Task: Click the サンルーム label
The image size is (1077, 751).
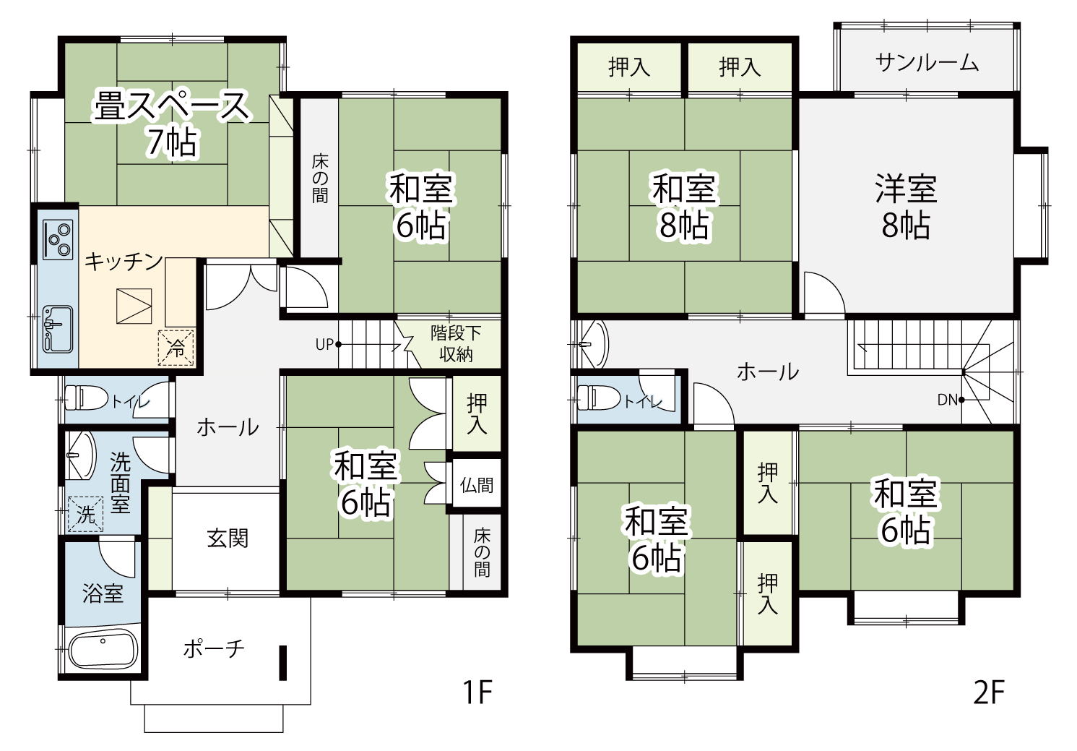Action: pyautogui.click(x=927, y=63)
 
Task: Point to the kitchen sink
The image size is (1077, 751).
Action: pyautogui.click(x=58, y=329)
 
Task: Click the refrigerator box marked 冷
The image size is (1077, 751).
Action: pyautogui.click(x=176, y=348)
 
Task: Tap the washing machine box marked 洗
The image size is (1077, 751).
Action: pyautogui.click(x=85, y=514)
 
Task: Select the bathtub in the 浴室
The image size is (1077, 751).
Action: pyautogui.click(x=103, y=650)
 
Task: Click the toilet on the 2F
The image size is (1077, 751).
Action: pyautogui.click(x=598, y=398)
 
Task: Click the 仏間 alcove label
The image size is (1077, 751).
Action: pyautogui.click(x=477, y=485)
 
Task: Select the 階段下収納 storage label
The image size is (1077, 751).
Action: pyautogui.click(x=455, y=343)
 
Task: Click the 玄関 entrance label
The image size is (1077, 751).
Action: pyautogui.click(x=228, y=538)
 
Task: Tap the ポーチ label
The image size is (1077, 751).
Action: pyautogui.click(x=214, y=649)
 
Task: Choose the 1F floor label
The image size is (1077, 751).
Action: pyautogui.click(x=477, y=692)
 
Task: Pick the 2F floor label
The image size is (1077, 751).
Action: pyautogui.click(x=989, y=692)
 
